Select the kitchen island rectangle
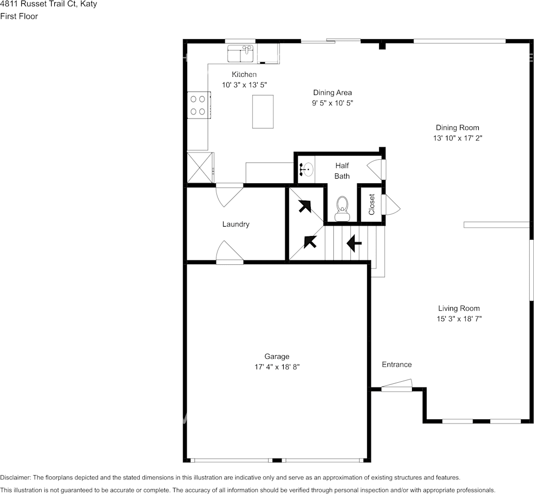(x=263, y=111)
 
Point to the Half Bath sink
(x=307, y=169)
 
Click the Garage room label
(x=276, y=357)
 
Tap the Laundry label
(x=236, y=224)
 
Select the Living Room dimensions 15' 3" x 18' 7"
(x=459, y=319)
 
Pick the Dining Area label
(x=332, y=92)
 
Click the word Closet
(x=372, y=204)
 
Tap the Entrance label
(x=396, y=364)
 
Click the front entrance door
(x=396, y=386)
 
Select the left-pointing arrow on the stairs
(x=354, y=243)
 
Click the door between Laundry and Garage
(x=229, y=252)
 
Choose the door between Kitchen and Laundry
(x=229, y=193)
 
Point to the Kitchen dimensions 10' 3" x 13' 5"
(x=245, y=85)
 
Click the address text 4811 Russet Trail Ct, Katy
(x=48, y=4)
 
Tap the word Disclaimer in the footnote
(x=15, y=477)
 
